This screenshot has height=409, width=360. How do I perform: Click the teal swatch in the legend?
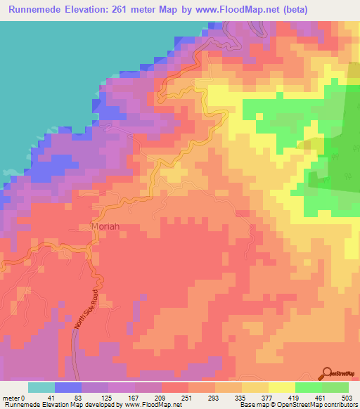(x=41, y=387)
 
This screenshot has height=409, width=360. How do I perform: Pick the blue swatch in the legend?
(x=68, y=387)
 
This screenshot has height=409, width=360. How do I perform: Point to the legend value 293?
(x=235, y=397)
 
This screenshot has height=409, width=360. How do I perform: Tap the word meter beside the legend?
(x=12, y=397)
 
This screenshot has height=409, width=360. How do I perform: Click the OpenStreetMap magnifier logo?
(x=327, y=373)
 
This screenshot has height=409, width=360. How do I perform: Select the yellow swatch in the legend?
(x=282, y=387)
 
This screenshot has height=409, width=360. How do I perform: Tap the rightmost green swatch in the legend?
(x=335, y=387)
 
